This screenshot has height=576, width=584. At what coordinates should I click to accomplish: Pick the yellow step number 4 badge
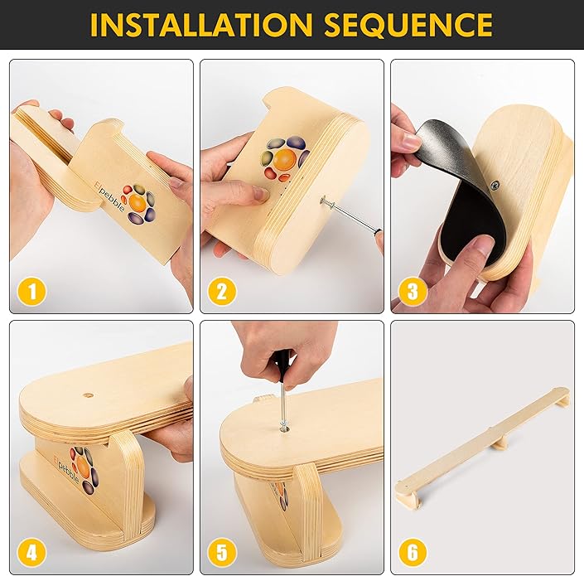[31, 551]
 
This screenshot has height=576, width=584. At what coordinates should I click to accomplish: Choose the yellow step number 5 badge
[222, 551]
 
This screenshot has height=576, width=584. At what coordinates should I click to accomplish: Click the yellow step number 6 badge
[413, 551]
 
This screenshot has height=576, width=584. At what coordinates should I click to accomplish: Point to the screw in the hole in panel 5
[283, 425]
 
